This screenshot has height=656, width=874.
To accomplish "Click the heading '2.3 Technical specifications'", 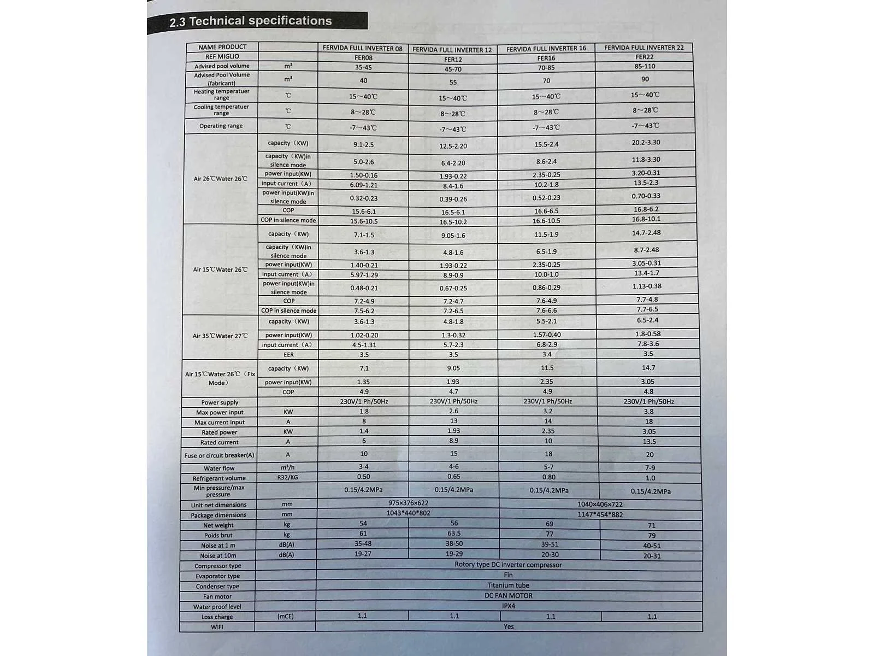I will click(x=251, y=21).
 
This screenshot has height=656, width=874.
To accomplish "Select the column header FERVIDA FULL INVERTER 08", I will click(x=362, y=48).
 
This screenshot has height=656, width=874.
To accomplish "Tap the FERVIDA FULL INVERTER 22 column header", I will click(x=643, y=48).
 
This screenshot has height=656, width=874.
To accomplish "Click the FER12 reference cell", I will click(x=453, y=60).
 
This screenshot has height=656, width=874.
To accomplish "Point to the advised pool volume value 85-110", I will click(x=645, y=66).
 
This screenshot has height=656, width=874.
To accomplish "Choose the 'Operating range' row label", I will click(x=221, y=126).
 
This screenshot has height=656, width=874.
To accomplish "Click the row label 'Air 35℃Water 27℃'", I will click(x=220, y=336).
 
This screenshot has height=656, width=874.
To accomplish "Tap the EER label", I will click(x=288, y=355).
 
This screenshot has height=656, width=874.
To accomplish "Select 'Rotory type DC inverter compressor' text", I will click(x=508, y=565).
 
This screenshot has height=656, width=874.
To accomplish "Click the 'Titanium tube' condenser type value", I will click(x=508, y=585).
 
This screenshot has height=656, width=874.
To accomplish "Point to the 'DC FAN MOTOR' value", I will click(x=508, y=595).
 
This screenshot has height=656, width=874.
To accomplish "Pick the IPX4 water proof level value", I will click(x=508, y=606).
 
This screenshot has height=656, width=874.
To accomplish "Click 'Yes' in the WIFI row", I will click(x=508, y=626).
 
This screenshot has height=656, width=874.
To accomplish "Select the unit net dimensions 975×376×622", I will click(x=408, y=503).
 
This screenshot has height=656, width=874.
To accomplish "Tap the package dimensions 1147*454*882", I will click(x=600, y=514).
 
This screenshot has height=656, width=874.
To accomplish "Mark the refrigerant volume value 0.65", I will click(x=453, y=477).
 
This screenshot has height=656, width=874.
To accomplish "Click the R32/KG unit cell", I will click(x=287, y=477).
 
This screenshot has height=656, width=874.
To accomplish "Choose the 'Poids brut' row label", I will click(x=218, y=535).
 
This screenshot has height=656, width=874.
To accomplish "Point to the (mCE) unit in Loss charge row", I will click(x=285, y=616).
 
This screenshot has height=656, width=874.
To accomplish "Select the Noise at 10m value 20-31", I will click(x=651, y=556).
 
